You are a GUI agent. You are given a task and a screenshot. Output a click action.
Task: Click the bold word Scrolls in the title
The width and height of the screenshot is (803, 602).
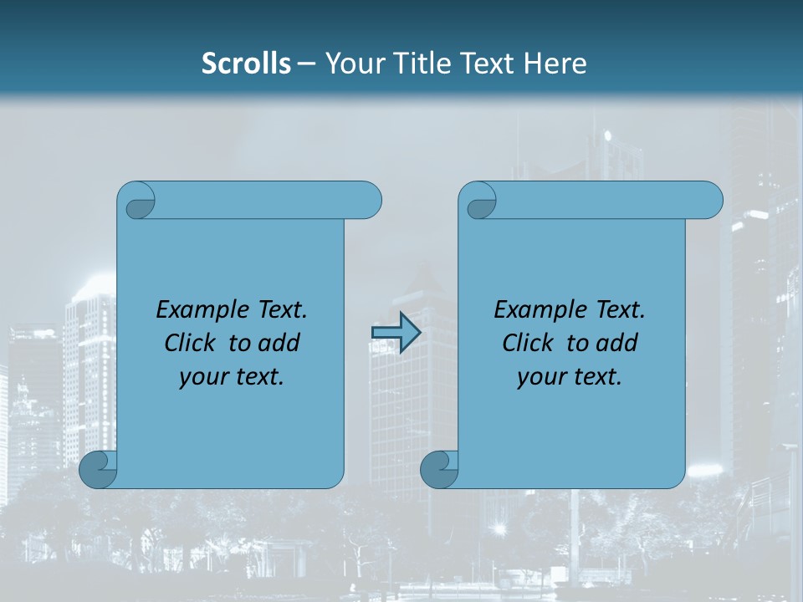(246, 64)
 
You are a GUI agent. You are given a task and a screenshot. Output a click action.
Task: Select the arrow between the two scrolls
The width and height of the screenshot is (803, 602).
(396, 333)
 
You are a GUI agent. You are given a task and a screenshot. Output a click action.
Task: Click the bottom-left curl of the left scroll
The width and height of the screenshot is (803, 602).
(98, 470)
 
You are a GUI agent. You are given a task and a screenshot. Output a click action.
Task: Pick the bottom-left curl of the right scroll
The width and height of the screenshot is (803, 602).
(439, 470)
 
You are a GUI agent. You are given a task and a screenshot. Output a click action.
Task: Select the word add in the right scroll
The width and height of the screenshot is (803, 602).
(617, 343)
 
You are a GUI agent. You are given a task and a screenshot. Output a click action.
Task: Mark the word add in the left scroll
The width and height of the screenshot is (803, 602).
(279, 343)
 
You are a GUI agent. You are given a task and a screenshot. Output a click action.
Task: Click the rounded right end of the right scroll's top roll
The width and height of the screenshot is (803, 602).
(711, 201)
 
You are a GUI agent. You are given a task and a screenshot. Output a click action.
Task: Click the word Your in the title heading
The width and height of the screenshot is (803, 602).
(350, 64)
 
